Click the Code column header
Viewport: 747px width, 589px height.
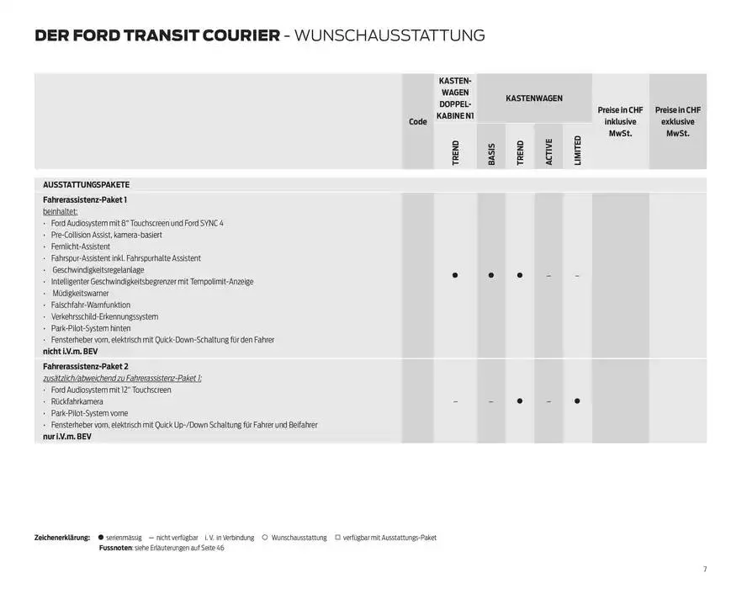pyautogui.click(x=417, y=121)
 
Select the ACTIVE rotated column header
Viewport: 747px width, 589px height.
pyautogui.click(x=548, y=151)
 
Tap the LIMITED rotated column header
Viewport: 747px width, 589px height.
pyautogui.click(x=577, y=151)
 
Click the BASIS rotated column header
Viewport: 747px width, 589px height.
pyautogui.click(x=491, y=154)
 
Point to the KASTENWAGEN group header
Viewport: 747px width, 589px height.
pyautogui.click(x=534, y=98)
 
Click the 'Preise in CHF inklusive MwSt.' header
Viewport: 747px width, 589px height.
pyautogui.click(x=620, y=121)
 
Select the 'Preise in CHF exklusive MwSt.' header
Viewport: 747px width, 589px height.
pyautogui.click(x=677, y=121)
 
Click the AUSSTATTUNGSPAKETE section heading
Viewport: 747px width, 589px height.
pyautogui.click(x=86, y=184)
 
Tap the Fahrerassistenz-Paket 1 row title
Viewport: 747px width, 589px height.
pyautogui.click(x=85, y=199)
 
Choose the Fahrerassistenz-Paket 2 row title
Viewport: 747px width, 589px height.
pyautogui.click(x=86, y=367)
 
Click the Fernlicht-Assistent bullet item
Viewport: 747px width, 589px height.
pyautogui.click(x=80, y=247)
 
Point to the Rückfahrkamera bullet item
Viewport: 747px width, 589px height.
pyautogui.click(x=77, y=402)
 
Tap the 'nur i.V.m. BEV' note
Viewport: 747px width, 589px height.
pyautogui.click(x=66, y=437)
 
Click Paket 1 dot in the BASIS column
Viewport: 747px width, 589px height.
pyautogui.click(x=491, y=275)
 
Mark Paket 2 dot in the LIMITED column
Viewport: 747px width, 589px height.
pyautogui.click(x=577, y=401)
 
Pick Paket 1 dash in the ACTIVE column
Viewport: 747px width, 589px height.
pyautogui.click(x=548, y=276)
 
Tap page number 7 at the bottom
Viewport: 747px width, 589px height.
pyautogui.click(x=705, y=569)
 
